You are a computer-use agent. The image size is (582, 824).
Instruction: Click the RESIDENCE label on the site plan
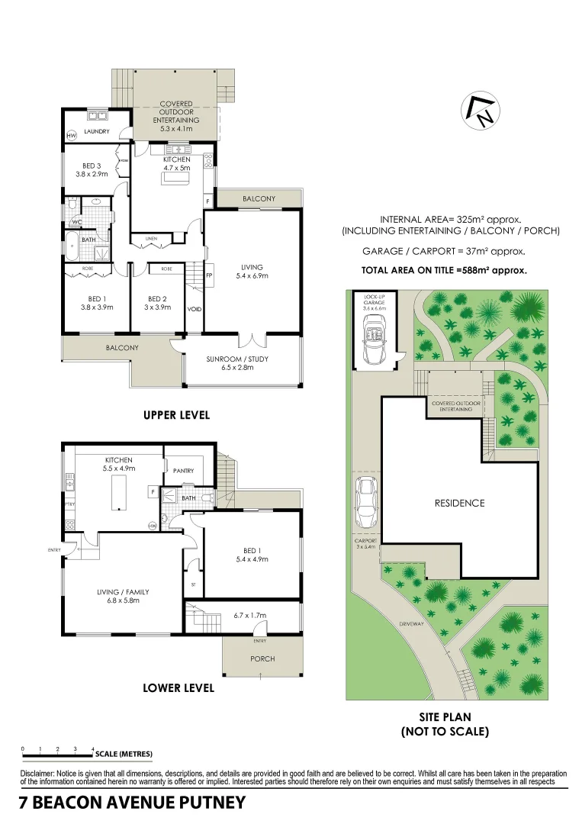(459, 503)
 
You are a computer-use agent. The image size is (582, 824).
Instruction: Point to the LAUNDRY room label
(98, 132)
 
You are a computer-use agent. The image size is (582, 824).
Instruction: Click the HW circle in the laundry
(72, 136)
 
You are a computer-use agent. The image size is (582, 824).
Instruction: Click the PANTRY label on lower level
(183, 471)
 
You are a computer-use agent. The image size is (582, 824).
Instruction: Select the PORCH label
(262, 658)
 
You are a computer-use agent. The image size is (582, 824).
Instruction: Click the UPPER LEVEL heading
(176, 416)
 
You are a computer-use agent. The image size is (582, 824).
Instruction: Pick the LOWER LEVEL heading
(178, 687)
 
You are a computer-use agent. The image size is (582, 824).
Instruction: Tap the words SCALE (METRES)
(124, 754)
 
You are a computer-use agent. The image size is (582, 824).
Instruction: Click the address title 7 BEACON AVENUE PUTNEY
(132, 803)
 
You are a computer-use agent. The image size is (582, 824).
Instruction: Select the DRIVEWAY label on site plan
(410, 624)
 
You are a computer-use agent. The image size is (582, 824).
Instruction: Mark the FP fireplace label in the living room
(209, 275)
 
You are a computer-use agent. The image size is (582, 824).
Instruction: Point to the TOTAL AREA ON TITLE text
(443, 270)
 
